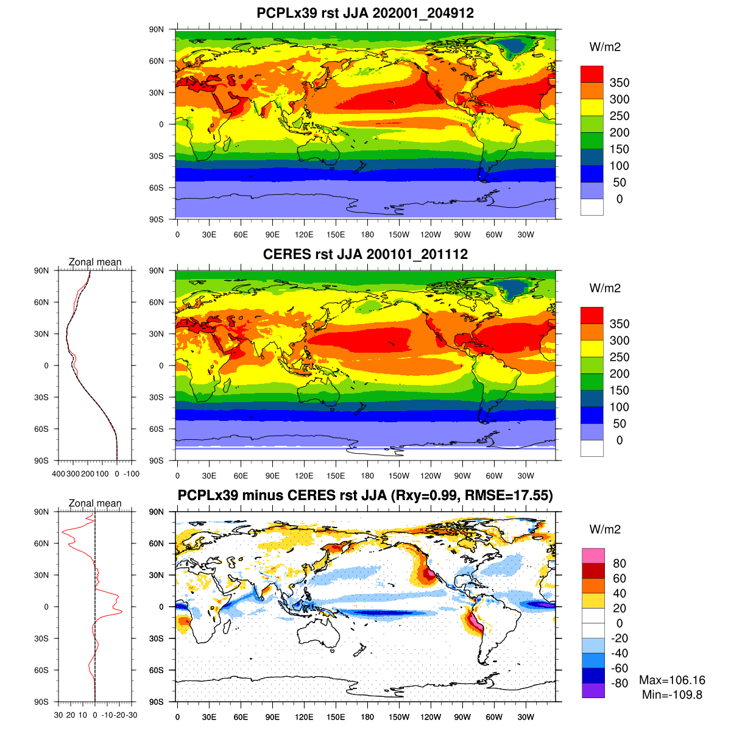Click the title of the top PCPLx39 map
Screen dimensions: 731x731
(365, 13)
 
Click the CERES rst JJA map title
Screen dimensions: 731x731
(365, 254)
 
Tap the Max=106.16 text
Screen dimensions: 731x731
(672, 680)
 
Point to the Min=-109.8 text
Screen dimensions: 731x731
(672, 694)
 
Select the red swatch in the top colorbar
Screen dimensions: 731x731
(592, 74)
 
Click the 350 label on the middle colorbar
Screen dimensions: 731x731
(620, 324)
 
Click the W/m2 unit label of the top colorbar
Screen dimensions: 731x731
(605, 47)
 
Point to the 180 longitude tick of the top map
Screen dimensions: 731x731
(367, 235)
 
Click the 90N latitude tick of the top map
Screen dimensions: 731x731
(157, 30)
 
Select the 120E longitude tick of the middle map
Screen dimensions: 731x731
(304, 476)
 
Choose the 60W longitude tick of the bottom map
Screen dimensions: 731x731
(494, 717)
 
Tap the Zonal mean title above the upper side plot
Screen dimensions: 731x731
(95, 262)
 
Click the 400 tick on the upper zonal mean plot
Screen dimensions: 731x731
(58, 474)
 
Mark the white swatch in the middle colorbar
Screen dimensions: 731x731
(592, 448)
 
